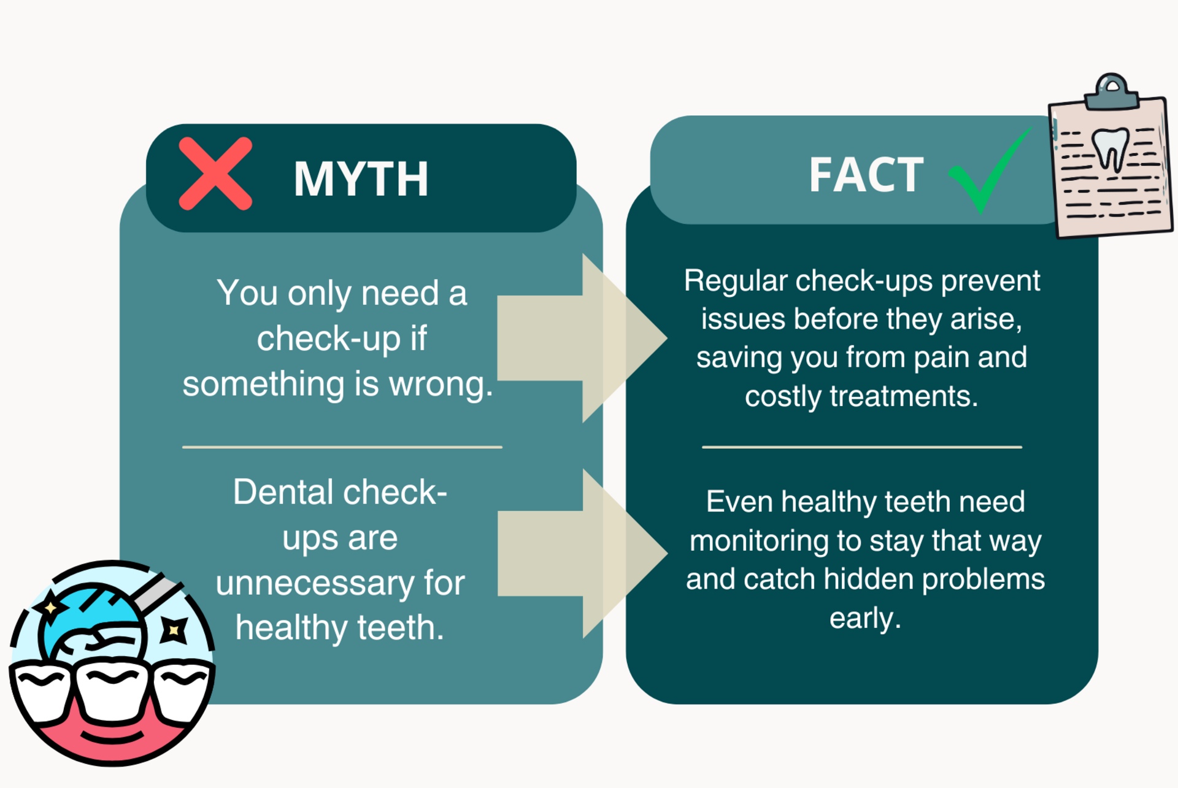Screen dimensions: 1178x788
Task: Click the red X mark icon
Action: point(215,174)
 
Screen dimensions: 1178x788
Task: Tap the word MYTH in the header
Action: point(361,179)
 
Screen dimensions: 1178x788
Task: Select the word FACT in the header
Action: point(866,175)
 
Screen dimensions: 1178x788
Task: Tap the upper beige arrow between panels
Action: point(582,338)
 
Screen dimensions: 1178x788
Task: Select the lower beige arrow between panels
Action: point(582,553)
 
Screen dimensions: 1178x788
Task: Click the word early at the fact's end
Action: point(865,618)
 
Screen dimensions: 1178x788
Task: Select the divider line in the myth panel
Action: point(342,447)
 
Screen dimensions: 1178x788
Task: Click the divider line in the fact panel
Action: point(862,447)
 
